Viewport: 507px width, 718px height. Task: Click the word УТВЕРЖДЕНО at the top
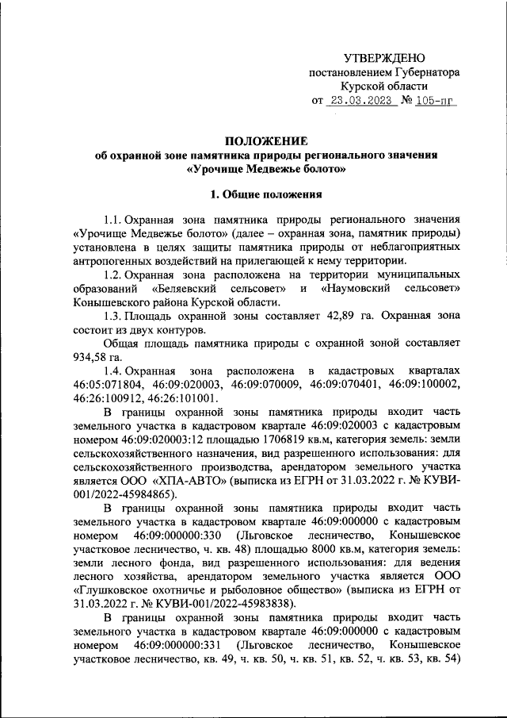click(x=384, y=57)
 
